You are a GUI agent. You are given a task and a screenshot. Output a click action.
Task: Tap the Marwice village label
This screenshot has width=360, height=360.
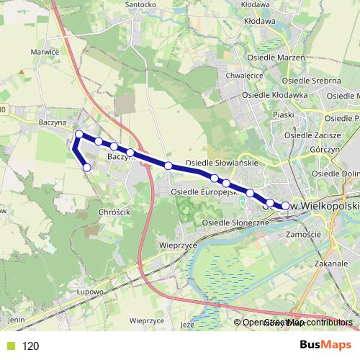[x=45, y=52]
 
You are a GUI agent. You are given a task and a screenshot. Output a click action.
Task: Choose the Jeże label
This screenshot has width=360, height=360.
[x=189, y=324]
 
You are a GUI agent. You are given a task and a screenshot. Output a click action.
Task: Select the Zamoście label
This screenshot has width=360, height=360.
[x=302, y=235]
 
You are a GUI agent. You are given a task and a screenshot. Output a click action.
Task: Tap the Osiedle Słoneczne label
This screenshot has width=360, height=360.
[x=235, y=222]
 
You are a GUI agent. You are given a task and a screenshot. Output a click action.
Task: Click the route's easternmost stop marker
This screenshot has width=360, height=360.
[x=285, y=206]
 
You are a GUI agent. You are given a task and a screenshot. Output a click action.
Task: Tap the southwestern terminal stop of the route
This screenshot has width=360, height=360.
[x=87, y=168]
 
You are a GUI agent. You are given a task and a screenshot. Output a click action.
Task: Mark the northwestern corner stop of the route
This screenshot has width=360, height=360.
[x=79, y=134]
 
